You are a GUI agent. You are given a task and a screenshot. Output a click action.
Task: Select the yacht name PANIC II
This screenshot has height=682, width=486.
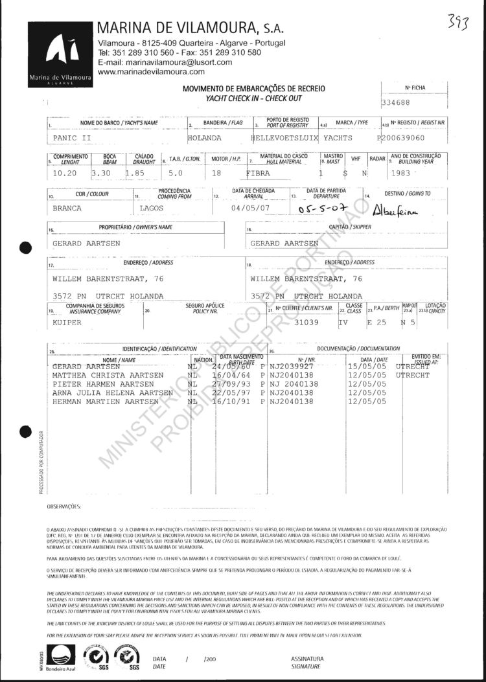click(73, 138)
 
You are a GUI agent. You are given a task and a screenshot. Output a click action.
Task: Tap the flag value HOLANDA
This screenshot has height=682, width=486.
click(204, 138)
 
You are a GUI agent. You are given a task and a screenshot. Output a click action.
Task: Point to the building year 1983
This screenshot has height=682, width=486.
click(401, 174)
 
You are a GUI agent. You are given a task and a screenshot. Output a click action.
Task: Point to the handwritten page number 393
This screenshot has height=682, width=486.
click(459, 23)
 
